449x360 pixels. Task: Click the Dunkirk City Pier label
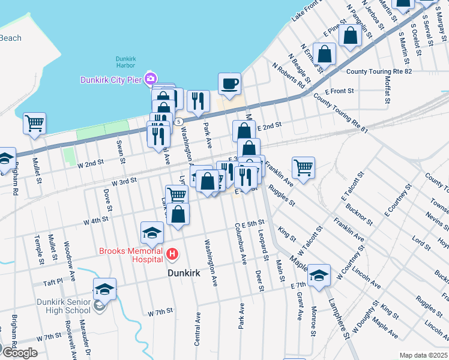coord(112,80)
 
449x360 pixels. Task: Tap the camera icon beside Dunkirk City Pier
coord(150,79)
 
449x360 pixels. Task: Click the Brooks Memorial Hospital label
coord(131,255)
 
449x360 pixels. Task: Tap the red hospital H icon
coord(173,254)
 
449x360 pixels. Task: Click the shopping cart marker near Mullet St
coord(34,123)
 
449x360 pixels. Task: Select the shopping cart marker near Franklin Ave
coord(303,167)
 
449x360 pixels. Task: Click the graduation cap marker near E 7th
coord(319,275)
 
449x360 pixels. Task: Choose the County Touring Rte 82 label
coord(379,71)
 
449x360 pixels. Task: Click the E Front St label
coord(339,91)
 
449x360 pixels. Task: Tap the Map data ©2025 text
coord(423,355)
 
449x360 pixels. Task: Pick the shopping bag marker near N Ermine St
coord(324,53)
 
